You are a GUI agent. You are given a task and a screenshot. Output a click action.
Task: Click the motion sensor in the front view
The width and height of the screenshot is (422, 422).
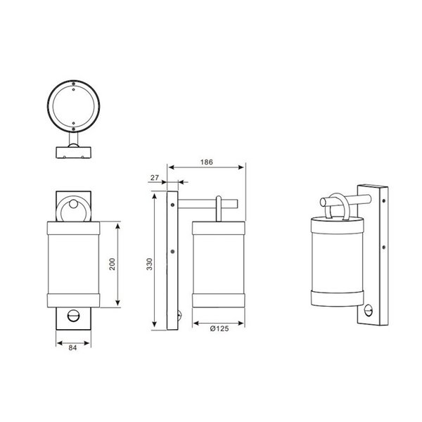[73, 318]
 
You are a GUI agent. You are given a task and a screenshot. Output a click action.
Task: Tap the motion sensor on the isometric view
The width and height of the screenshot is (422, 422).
[371, 307]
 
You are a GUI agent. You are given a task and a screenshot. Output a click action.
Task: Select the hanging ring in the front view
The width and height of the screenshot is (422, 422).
[73, 210]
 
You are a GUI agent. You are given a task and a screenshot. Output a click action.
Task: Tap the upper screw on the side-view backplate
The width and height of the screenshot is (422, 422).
[172, 202]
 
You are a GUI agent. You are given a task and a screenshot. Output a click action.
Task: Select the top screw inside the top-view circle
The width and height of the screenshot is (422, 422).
[73, 87]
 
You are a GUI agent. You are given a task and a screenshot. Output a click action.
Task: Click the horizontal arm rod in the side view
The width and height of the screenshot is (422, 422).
[200, 204]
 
